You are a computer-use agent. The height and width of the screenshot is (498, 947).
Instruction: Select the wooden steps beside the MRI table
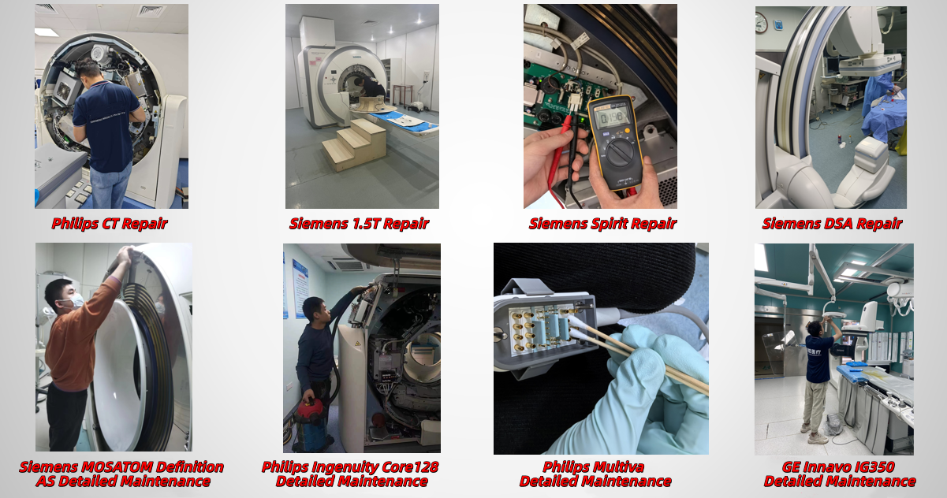click(x=354, y=144)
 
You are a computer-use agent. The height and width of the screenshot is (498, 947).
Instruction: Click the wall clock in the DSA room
click(x=762, y=22)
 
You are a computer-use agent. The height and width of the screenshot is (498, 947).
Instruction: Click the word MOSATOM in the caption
click(x=110, y=467)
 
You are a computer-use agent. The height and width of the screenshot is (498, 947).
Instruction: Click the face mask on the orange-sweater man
click(x=76, y=300)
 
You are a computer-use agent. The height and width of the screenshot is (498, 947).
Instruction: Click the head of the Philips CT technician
click(x=87, y=69)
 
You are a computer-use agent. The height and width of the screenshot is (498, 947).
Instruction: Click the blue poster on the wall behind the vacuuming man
click(x=300, y=288)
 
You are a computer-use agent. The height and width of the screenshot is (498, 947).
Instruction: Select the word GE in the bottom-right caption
click(x=790, y=467)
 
